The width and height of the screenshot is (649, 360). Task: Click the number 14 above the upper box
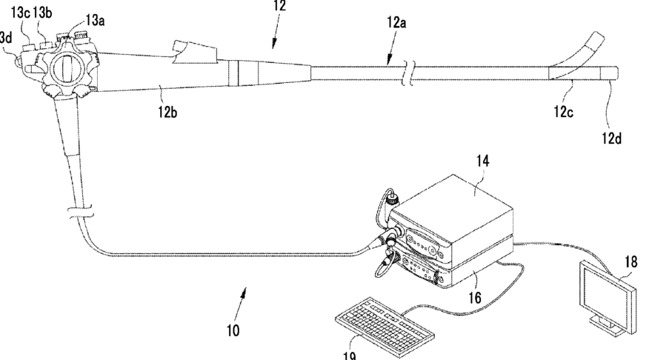point(483,160)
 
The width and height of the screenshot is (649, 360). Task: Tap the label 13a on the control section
point(96,21)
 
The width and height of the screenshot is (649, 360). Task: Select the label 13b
point(43,13)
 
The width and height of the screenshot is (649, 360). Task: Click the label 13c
point(20,13)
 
